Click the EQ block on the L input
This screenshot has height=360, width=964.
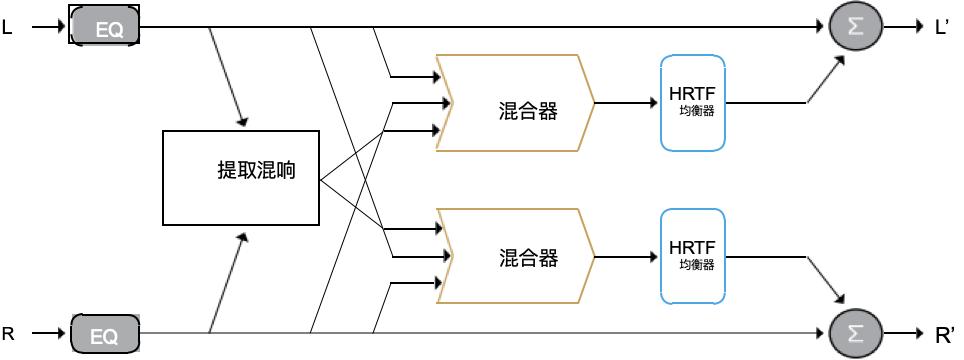tap(104, 27)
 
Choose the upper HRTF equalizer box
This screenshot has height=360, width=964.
tap(692, 104)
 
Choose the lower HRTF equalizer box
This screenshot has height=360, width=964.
tap(692, 257)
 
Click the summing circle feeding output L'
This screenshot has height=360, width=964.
tap(855, 28)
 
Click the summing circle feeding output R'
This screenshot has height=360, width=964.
tap(855, 332)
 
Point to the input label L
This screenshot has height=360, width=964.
tap(8, 28)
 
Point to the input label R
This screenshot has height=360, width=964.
tap(8, 332)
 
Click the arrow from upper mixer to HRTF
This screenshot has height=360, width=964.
tap(626, 103)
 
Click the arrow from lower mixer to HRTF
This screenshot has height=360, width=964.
tap(626, 257)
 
